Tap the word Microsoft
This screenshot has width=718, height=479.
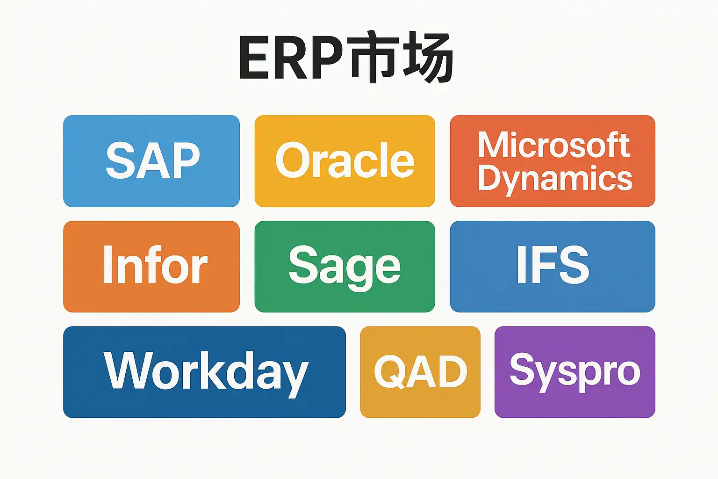click(553, 145)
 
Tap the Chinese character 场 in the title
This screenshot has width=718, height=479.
click(428, 58)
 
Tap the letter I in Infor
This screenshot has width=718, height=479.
click(108, 265)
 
